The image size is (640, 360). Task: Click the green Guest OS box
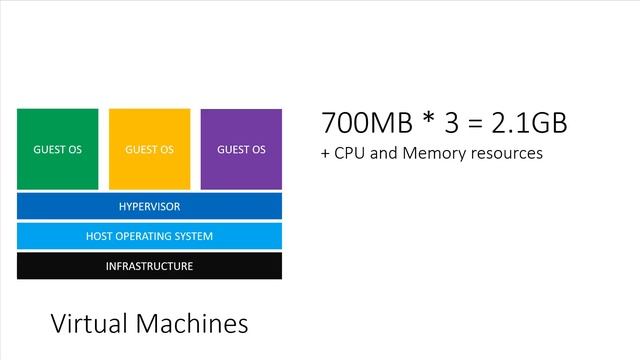pyautogui.click(x=58, y=149)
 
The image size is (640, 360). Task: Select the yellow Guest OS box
pyautogui.click(x=149, y=149)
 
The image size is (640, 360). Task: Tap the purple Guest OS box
pyautogui.click(x=241, y=149)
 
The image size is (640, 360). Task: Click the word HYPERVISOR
pyautogui.click(x=149, y=207)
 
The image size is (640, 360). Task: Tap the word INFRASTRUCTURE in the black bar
pyautogui.click(x=149, y=266)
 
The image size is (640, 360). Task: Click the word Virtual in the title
pyautogui.click(x=89, y=324)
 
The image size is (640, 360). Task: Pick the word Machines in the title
pyautogui.click(x=192, y=324)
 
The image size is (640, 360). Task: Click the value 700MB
pyautogui.click(x=367, y=122)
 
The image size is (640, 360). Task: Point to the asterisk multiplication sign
pyautogui.click(x=428, y=118)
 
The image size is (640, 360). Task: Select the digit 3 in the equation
pyautogui.click(x=451, y=122)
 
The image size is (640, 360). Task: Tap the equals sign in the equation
pyautogui.click(x=475, y=123)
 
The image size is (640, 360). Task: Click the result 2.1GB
pyautogui.click(x=529, y=122)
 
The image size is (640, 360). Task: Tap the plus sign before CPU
pyautogui.click(x=325, y=154)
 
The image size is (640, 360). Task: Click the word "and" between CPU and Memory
pyautogui.click(x=384, y=153)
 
